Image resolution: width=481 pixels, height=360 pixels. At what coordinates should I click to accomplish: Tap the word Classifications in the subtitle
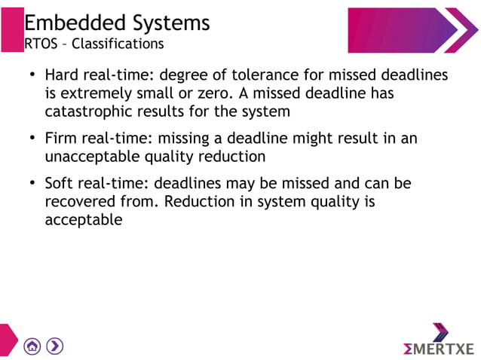tap(118, 44)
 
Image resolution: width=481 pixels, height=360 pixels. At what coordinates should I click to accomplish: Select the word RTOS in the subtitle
tap(40, 44)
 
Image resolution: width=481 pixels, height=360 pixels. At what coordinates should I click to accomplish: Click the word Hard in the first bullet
tap(61, 76)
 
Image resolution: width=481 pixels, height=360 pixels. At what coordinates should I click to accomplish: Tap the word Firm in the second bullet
tap(61, 139)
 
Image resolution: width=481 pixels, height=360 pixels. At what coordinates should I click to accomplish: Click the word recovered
tap(84, 203)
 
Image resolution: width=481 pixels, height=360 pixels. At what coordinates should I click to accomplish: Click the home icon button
tap(32, 346)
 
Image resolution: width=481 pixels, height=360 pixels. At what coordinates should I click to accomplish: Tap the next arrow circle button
tap(54, 346)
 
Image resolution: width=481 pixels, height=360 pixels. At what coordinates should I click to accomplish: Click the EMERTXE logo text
tap(438, 349)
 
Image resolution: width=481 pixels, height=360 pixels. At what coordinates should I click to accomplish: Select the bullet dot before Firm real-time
tap(32, 139)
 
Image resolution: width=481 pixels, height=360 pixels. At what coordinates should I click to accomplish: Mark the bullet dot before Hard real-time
tap(32, 76)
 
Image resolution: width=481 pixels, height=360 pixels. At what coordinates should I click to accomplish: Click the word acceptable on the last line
tap(83, 221)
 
